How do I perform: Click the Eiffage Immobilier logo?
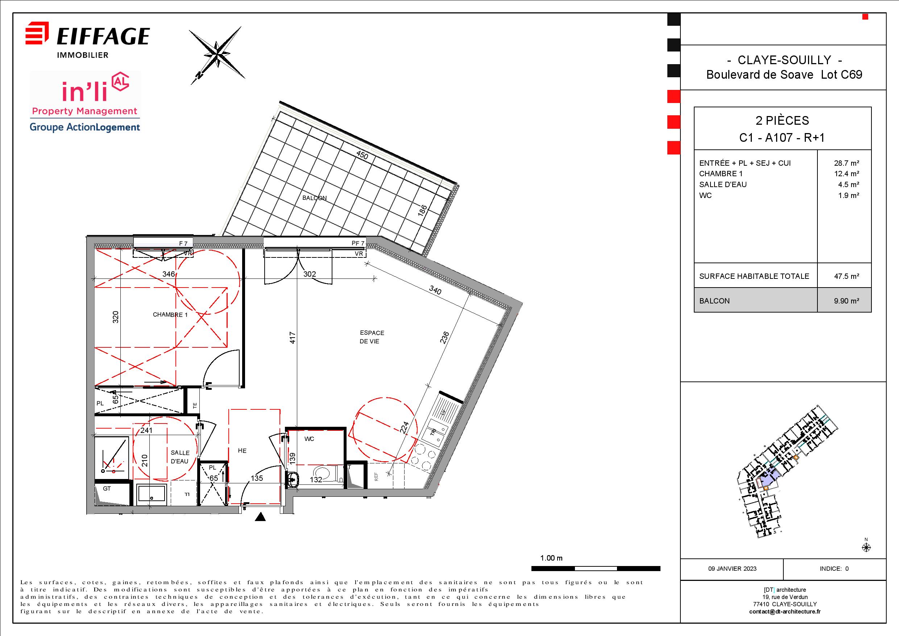point(87,40)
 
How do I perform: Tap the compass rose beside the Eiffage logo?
point(217,55)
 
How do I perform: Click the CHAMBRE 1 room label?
point(170,314)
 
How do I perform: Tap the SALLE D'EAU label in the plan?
point(180,457)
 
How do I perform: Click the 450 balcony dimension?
point(362,155)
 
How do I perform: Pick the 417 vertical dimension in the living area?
point(293,338)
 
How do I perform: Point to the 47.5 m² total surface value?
point(846,276)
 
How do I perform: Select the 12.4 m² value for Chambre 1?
point(846,173)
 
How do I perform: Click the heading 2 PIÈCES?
point(782,121)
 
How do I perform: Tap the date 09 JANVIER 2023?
point(732,569)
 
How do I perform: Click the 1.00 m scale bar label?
point(551,558)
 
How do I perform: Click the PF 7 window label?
point(358,243)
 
